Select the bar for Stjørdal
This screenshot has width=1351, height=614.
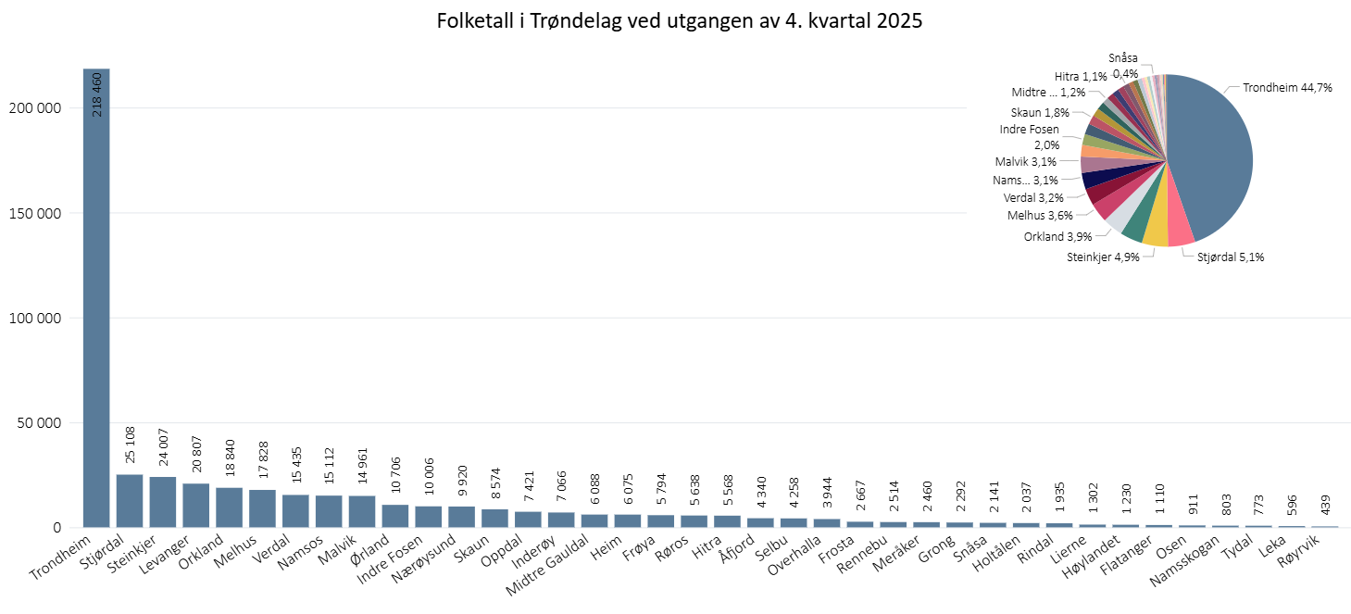pos(130,501)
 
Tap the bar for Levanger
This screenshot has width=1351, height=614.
pos(195,506)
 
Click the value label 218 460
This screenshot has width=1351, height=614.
pos(97,94)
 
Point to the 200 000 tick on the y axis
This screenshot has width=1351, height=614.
pos(33,107)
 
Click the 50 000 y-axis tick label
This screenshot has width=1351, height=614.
pos(37,423)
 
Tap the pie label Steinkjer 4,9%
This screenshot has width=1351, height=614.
pos(1101,256)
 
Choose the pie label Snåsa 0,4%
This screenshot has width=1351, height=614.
pos(1124,65)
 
